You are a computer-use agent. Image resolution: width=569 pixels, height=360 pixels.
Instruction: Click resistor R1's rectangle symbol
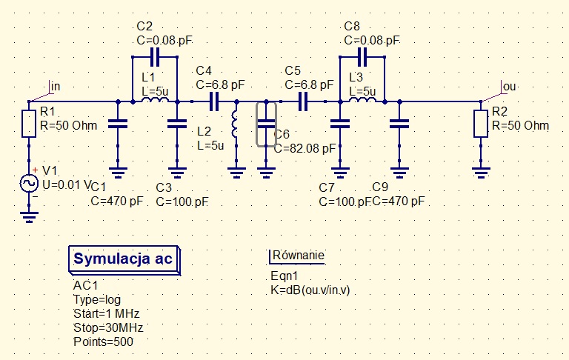point(28,124)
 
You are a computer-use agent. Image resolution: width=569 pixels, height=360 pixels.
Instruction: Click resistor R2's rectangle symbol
point(482,124)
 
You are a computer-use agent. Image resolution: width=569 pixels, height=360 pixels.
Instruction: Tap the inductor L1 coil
point(155,101)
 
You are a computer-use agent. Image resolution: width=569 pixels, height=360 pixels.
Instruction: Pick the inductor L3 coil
point(362,101)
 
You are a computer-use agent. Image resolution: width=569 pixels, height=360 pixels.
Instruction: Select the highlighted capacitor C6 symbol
point(266,124)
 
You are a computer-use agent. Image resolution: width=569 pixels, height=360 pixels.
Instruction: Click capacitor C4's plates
point(215,101)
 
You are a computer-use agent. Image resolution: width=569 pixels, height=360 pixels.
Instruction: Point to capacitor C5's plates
point(304,101)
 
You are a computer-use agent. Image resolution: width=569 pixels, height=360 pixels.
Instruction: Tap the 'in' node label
point(55,87)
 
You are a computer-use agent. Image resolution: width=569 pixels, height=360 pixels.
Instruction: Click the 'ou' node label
point(508,87)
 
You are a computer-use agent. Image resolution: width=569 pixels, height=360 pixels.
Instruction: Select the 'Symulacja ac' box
point(124,259)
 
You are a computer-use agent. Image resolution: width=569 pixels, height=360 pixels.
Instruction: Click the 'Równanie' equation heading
point(299,256)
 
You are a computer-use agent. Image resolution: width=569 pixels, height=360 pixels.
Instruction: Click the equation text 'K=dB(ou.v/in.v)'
point(310,290)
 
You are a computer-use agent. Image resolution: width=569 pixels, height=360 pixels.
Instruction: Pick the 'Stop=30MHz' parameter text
point(108,327)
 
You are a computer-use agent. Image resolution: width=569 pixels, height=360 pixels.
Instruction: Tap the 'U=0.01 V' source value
point(66,184)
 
